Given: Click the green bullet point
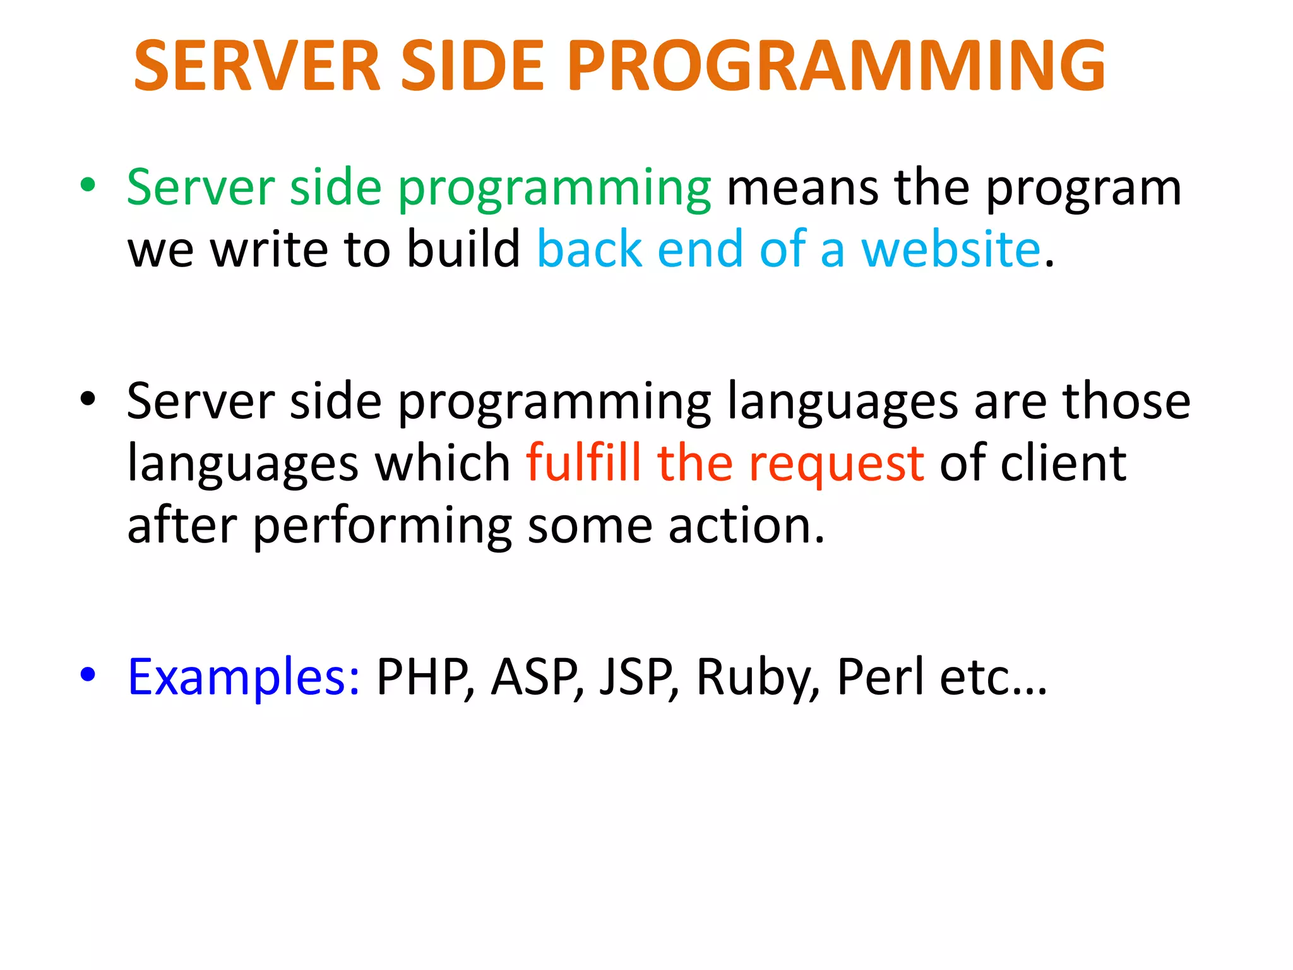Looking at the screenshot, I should (88, 186).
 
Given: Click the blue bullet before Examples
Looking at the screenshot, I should (88, 674).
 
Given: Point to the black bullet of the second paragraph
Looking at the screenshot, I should (88, 399).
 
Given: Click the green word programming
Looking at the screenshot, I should (554, 189).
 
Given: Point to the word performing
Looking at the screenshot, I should (383, 528).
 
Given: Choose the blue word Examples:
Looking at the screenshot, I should (244, 677).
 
